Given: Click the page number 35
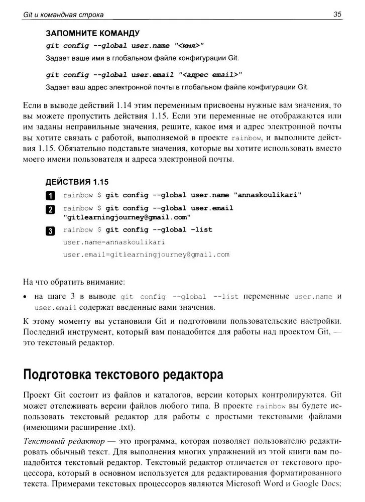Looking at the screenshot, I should coord(337,15).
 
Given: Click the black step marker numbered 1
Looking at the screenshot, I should coord(50,196).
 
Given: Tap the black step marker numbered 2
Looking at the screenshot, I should coord(50,209).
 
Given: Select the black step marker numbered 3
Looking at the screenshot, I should coord(50,231).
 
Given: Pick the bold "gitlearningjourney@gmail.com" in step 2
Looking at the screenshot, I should coord(127,217).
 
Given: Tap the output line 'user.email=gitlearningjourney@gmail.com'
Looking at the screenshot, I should coord(146,255).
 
